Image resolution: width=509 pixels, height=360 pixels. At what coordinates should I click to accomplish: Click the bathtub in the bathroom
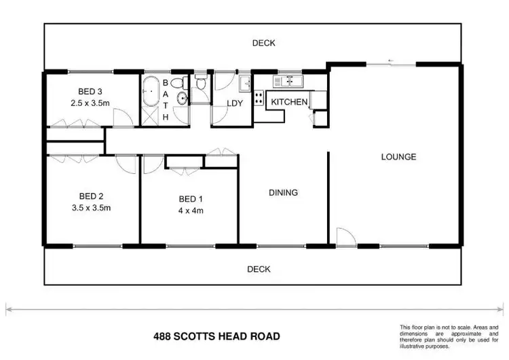click(150, 90)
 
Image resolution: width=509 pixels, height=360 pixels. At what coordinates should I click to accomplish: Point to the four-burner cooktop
click(259, 98)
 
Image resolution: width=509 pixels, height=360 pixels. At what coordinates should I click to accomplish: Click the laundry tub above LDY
click(244, 85)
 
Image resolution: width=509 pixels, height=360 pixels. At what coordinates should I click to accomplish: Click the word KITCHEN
click(290, 102)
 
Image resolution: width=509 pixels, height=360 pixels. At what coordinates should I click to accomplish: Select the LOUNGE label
click(398, 157)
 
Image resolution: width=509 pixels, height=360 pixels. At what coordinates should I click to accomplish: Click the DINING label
click(283, 193)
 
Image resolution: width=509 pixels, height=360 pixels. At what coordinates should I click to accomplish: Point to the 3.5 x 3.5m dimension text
click(90, 209)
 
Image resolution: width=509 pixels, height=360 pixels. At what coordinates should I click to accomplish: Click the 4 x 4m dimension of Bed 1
click(191, 211)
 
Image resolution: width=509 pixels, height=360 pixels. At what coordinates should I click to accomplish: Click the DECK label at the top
click(263, 43)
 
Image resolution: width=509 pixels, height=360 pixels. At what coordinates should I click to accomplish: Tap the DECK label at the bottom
click(259, 269)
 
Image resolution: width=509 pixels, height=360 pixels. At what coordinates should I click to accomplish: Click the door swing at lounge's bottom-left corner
click(344, 236)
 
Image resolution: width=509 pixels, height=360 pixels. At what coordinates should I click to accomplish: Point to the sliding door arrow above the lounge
click(390, 62)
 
